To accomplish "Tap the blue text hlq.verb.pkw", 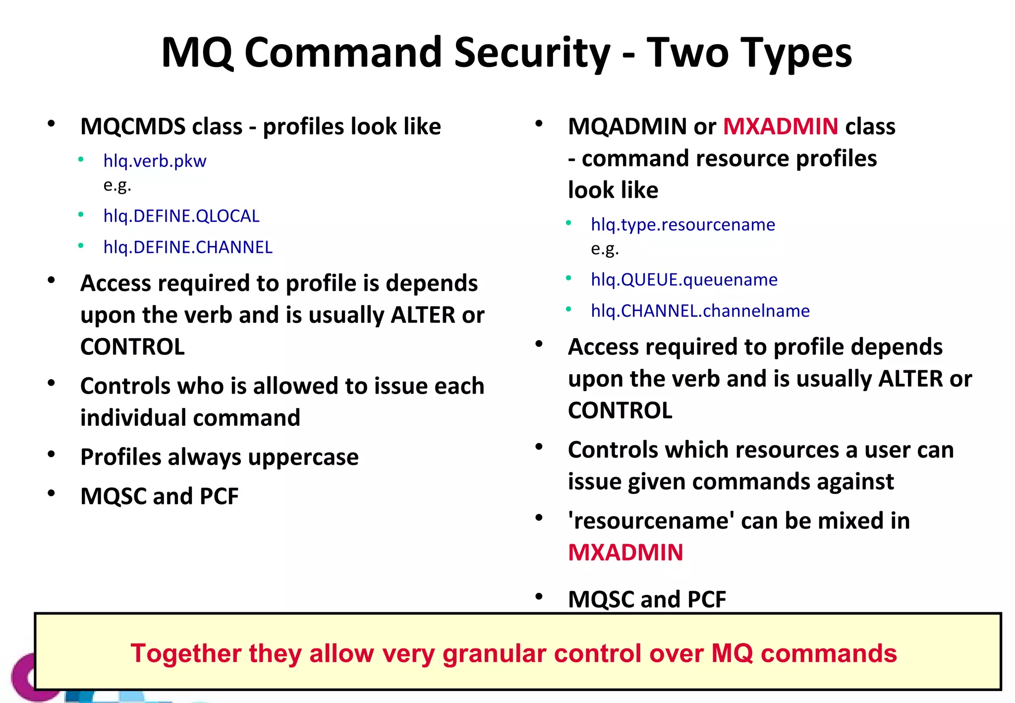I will click(x=155, y=161).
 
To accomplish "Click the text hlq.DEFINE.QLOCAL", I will click(x=181, y=216).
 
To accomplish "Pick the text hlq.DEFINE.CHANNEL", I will click(x=188, y=247).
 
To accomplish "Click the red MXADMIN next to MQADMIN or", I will click(x=781, y=126).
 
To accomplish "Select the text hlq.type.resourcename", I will click(x=683, y=225).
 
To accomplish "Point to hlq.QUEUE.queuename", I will click(x=684, y=280).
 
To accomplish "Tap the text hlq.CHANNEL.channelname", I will click(x=700, y=311).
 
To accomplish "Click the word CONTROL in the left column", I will click(x=133, y=347).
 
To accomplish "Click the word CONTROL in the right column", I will click(x=620, y=410).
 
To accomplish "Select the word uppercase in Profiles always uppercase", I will click(x=303, y=457).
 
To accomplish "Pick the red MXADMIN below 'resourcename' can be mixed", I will click(x=625, y=553).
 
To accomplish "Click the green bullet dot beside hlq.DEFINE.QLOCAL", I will click(x=81, y=215).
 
